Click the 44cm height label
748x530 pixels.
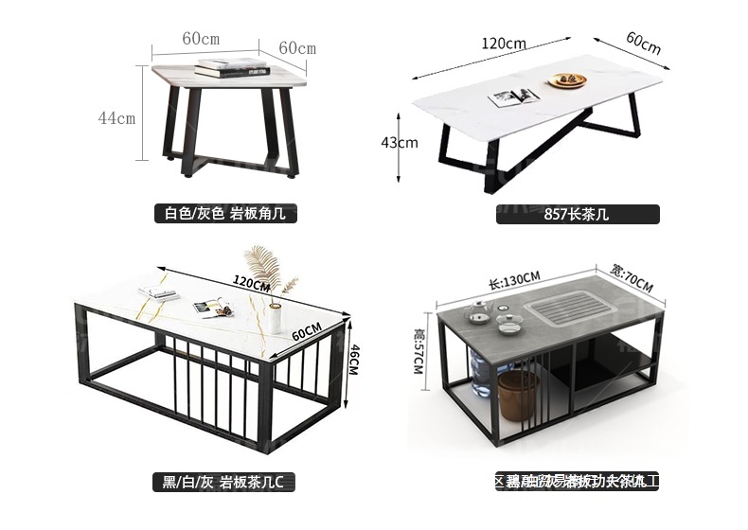[116, 118]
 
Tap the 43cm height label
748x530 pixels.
[399, 143]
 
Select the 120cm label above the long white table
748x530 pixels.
[503, 44]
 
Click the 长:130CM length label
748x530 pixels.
[514, 277]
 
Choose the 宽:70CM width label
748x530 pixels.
[633, 277]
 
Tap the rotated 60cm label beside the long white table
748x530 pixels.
[644, 43]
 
